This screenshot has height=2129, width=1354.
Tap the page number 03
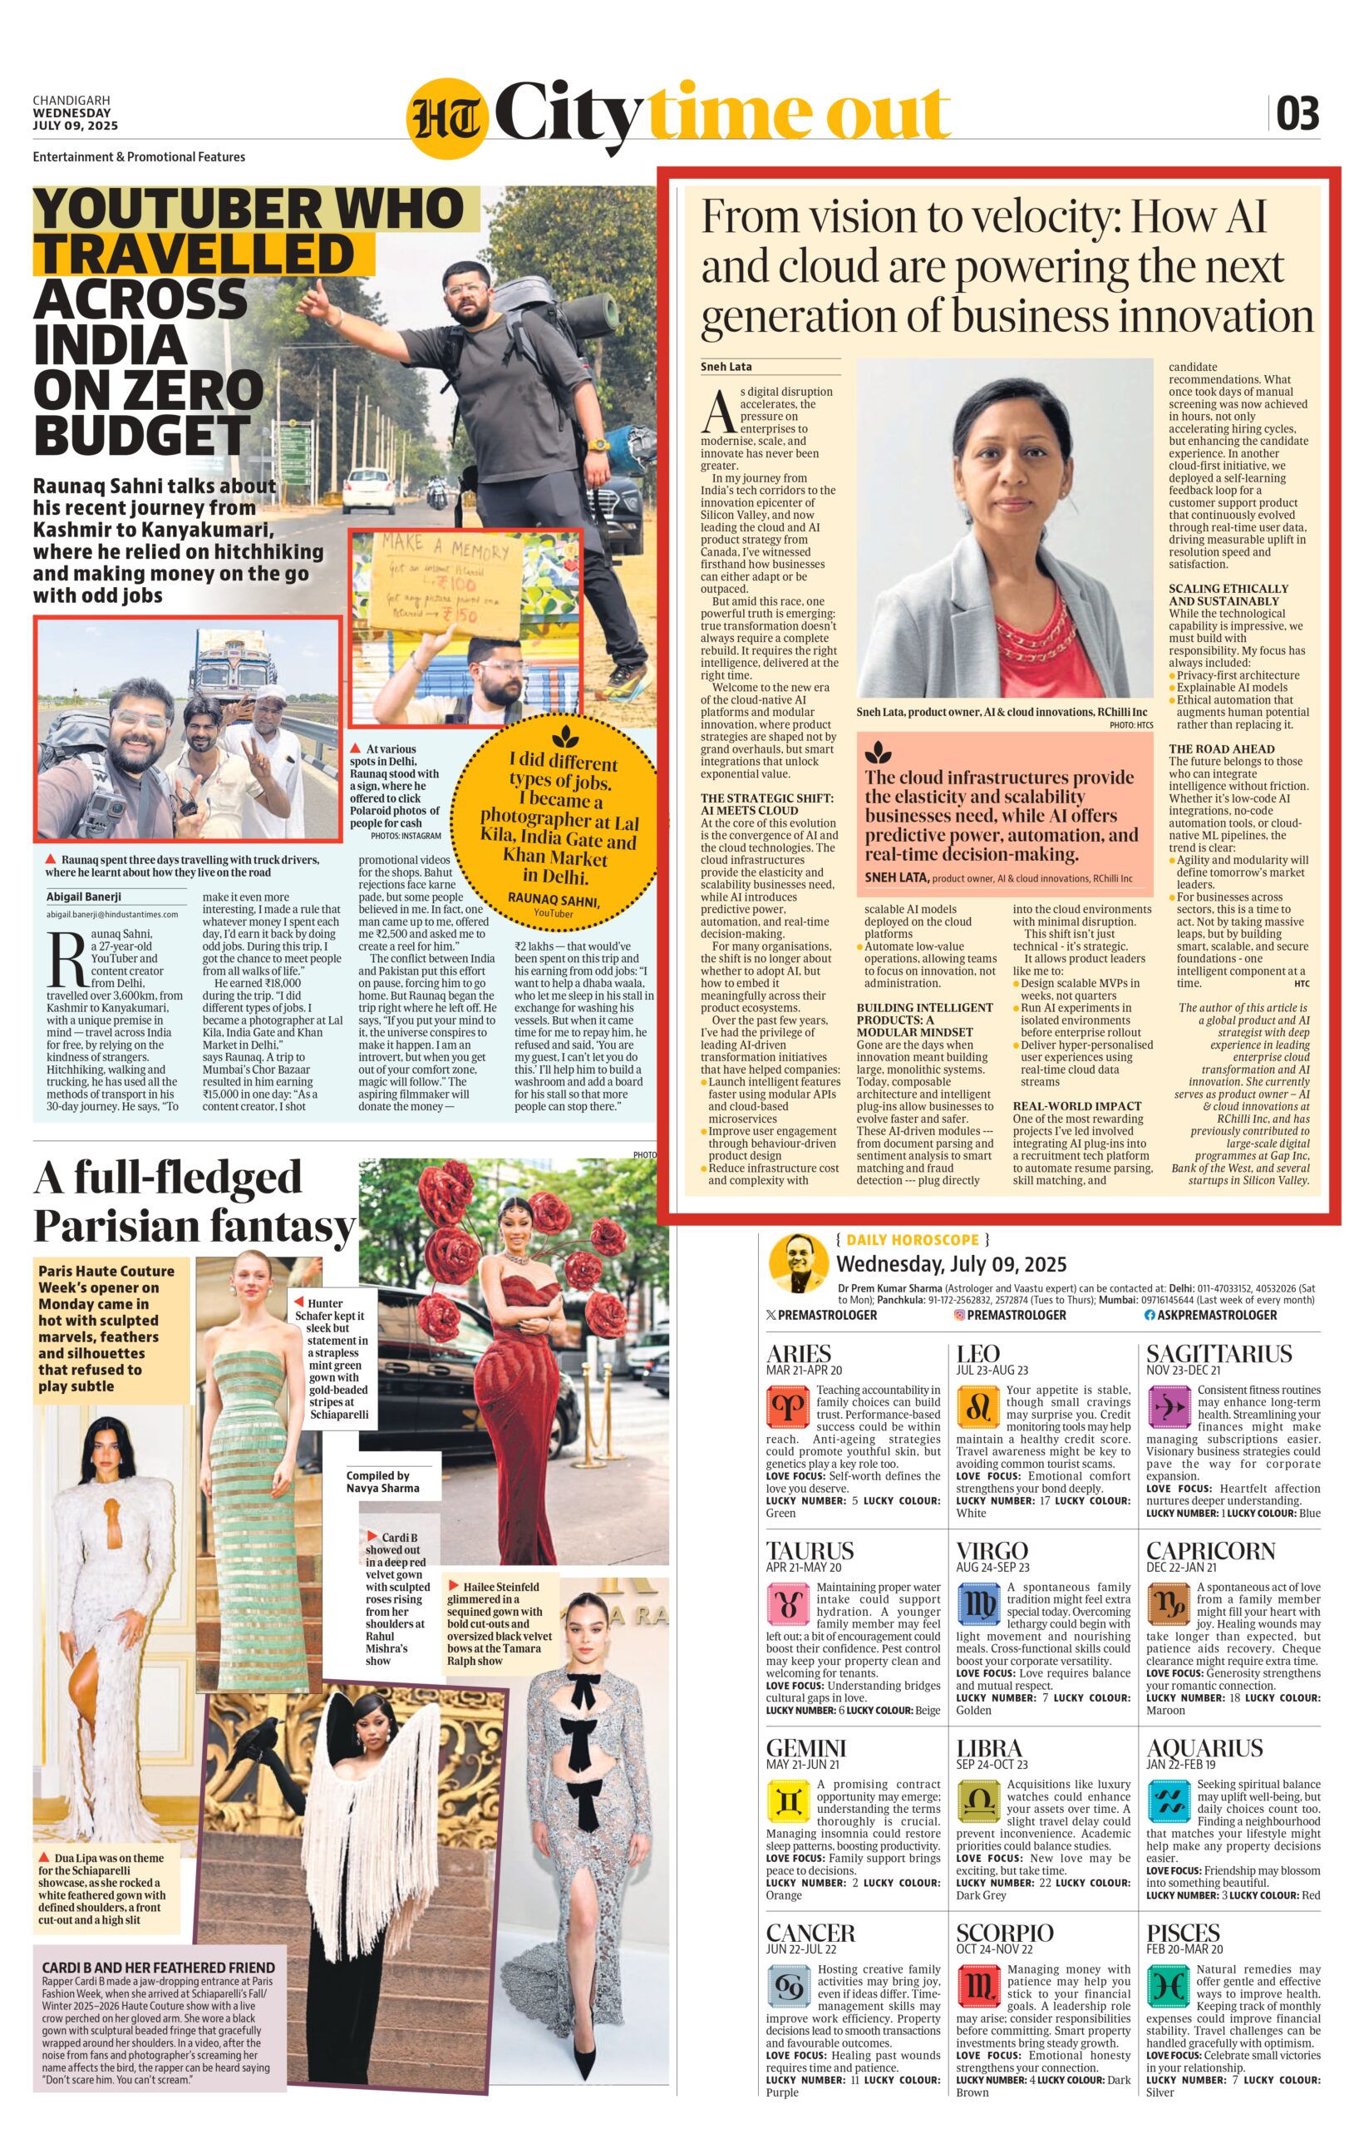(x=1297, y=114)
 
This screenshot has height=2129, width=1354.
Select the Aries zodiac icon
(x=787, y=1405)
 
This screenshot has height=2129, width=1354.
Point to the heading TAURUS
(x=810, y=1552)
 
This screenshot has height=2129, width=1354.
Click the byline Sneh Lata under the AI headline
(x=726, y=367)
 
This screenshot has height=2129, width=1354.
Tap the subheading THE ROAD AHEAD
(x=1222, y=748)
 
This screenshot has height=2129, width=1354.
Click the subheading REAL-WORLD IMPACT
(x=1076, y=1106)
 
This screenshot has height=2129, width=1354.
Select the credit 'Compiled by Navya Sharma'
(x=382, y=1482)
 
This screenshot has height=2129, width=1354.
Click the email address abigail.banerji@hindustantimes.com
(x=112, y=914)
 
